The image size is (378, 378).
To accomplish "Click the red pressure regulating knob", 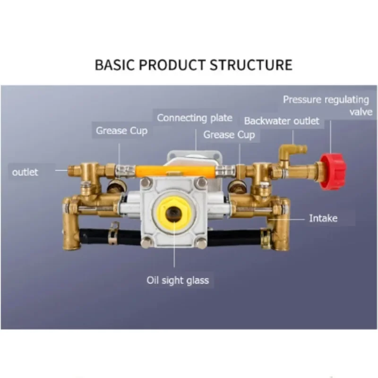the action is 333,172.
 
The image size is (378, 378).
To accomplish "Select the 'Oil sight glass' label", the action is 178,280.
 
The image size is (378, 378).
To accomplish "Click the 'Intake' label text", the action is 323,218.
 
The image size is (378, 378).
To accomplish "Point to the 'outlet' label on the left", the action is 25,172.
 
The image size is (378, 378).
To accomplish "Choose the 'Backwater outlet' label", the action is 282,121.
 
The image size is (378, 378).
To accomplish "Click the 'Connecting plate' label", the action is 195,118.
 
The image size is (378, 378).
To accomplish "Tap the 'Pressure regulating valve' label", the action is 326,105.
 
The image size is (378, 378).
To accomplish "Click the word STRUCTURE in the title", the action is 251,65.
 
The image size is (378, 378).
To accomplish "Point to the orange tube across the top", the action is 175,171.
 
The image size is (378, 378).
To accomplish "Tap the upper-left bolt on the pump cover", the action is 146,182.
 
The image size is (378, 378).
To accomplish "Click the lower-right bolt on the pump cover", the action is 202,243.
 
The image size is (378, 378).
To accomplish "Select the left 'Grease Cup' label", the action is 121,131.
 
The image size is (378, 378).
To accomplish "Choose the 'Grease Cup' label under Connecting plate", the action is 229,135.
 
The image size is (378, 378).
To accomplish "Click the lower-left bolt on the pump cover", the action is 146,243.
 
